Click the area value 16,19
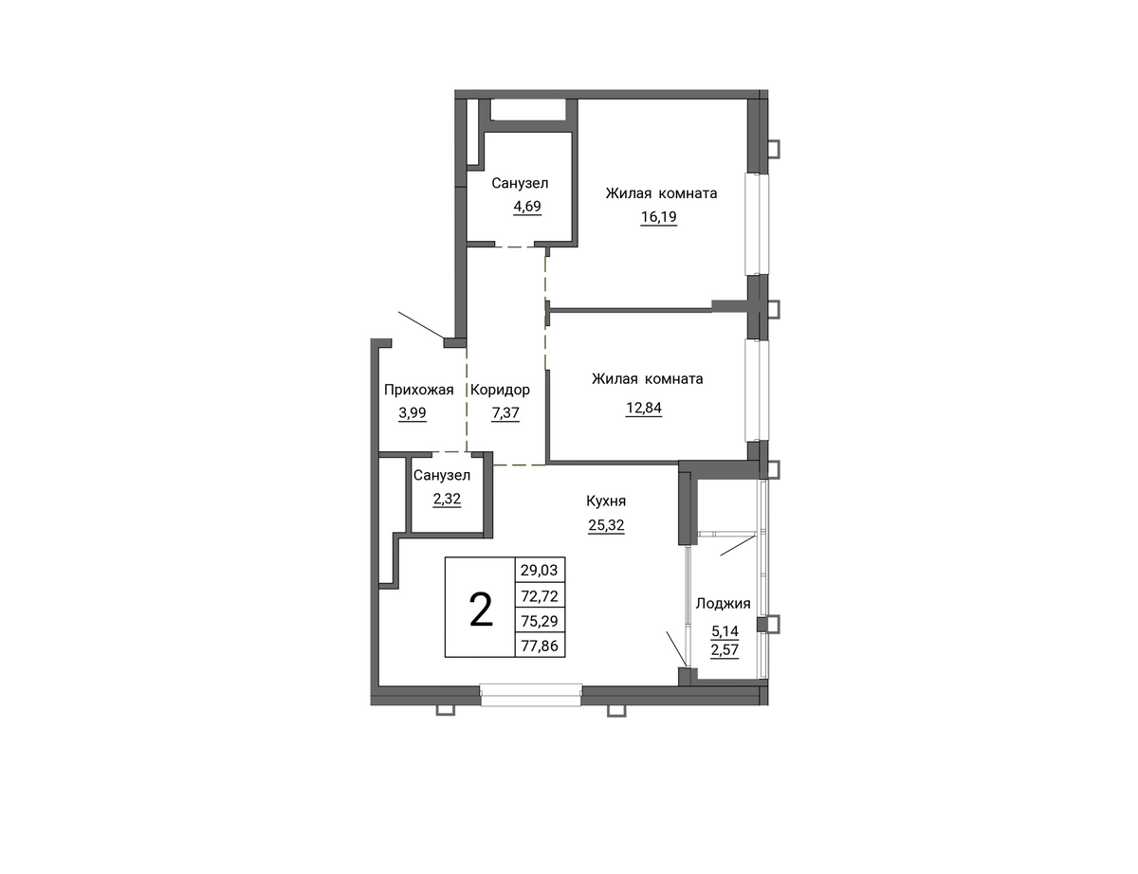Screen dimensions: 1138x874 tap(659, 216)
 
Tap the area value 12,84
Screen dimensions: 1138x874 tap(644, 408)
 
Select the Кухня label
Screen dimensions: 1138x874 tap(606, 501)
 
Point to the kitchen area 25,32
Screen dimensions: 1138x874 tap(606, 525)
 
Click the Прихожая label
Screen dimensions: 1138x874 tap(418, 390)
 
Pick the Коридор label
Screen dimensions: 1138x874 tap(500, 391)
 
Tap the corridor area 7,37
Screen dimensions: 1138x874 tap(505, 413)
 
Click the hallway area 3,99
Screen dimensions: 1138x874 tap(413, 413)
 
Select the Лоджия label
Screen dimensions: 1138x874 tap(723, 604)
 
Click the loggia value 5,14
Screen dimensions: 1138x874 tap(725, 631)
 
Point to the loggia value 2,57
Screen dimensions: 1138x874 tap(725, 650)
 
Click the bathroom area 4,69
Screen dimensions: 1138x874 tap(527, 207)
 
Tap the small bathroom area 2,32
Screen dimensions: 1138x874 tap(447, 500)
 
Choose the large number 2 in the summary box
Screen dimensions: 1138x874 tap(481, 610)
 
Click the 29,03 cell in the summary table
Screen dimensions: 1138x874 tap(540, 570)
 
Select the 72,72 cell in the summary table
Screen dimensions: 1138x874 tap(540, 595)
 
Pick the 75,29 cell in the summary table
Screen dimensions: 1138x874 tap(540, 621)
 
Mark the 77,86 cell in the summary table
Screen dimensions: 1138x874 tap(540, 646)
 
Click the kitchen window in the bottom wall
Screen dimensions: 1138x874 tap(531, 695)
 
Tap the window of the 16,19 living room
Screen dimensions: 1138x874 tap(758, 224)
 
